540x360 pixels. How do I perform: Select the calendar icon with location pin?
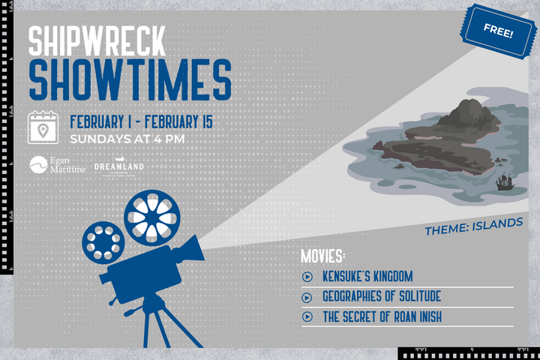coord(44,128)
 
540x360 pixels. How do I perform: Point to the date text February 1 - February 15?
coord(147,121)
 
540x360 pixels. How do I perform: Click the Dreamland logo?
coord(119,167)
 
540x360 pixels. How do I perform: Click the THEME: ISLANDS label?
coord(473,223)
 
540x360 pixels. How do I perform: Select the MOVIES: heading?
coord(322,255)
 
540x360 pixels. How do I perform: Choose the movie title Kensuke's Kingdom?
coord(367,276)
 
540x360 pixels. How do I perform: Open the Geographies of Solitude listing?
coord(382,296)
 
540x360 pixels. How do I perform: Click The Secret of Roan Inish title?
coord(382,316)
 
